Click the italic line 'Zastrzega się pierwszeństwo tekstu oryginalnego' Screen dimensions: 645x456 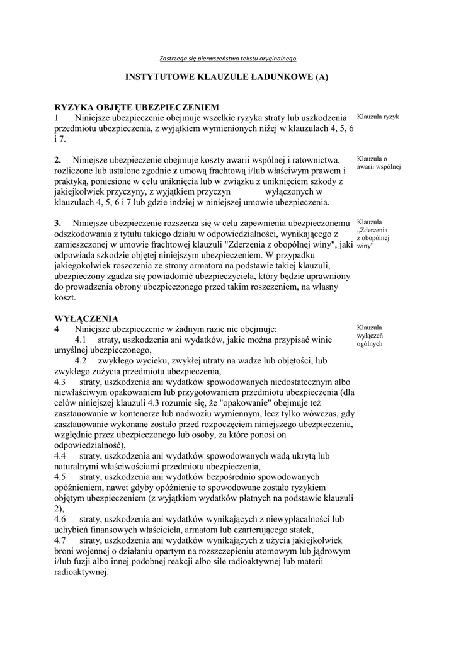click(x=228, y=58)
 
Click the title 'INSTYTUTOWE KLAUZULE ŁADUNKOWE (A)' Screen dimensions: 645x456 click(x=227, y=77)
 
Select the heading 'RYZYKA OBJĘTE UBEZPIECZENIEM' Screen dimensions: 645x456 click(x=137, y=107)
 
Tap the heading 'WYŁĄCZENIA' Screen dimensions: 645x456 click(x=86, y=318)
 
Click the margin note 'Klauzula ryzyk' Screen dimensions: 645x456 click(x=378, y=117)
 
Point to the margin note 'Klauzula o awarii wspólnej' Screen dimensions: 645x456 click(x=379, y=163)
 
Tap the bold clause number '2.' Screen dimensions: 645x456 click(x=59, y=159)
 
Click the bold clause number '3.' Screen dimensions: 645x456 click(x=59, y=223)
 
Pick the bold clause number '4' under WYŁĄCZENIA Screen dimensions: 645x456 click(x=57, y=329)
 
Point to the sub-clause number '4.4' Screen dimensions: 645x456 click(x=60, y=455)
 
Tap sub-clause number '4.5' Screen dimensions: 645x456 click(x=60, y=477)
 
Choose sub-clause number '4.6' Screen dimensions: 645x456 click(x=60, y=519)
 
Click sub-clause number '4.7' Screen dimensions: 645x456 click(x=60, y=540)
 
